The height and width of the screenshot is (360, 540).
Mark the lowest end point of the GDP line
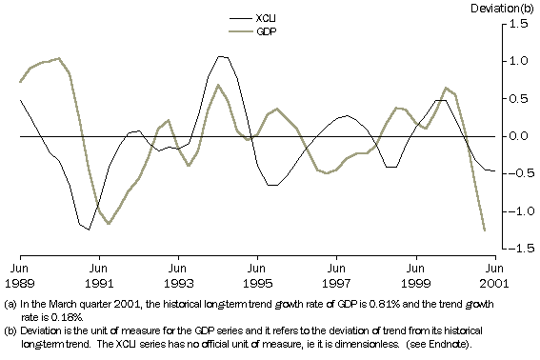click(x=485, y=230)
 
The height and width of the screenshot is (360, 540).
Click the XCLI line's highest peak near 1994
click(x=222, y=56)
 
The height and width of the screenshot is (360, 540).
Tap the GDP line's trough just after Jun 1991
click(x=109, y=224)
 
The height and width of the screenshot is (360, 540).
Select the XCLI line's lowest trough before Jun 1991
click(x=89, y=230)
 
